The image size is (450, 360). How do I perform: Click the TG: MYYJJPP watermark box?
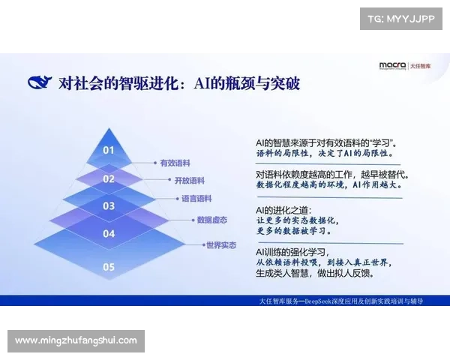click(x=401, y=19)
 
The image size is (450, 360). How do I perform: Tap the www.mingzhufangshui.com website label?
click(x=76, y=340)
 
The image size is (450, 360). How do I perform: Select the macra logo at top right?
click(x=392, y=66)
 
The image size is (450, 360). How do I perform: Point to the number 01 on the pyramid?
click(x=109, y=150)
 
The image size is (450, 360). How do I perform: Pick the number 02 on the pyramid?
click(x=109, y=179)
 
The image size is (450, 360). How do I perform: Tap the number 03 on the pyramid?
click(x=109, y=205)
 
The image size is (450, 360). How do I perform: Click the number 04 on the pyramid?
click(x=109, y=234)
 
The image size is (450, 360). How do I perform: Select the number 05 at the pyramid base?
click(x=109, y=266)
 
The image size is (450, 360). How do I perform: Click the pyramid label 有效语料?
click(x=174, y=162)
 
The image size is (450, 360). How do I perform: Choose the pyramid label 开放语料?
click(x=189, y=181)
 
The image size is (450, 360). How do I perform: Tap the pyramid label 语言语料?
click(x=196, y=199)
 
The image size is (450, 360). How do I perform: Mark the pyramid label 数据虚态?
click(x=211, y=220)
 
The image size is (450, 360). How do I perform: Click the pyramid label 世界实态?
click(x=221, y=244)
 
